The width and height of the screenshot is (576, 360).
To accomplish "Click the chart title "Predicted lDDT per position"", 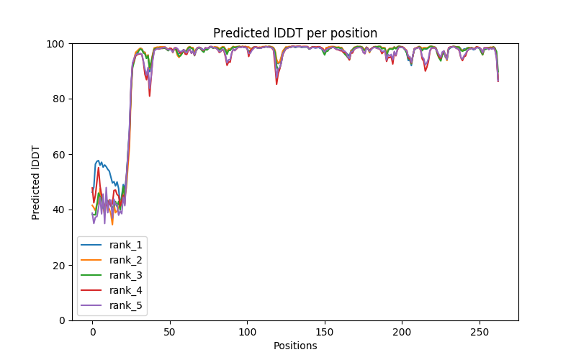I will (295, 33).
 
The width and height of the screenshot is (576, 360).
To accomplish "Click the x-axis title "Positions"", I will (295, 346).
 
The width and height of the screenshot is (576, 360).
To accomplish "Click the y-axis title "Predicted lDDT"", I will (36, 182).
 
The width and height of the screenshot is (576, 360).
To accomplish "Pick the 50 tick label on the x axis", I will (170, 332).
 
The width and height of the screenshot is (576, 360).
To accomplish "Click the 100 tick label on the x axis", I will (247, 332).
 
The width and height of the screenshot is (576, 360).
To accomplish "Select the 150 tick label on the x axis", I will (325, 332).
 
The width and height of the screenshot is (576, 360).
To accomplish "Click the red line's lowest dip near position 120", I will (276, 84).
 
